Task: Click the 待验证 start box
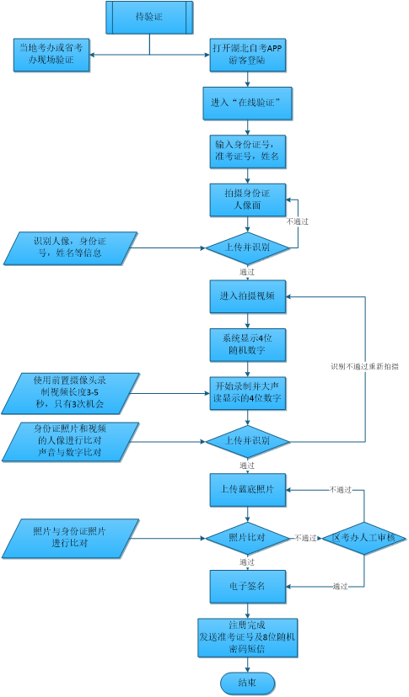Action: [150, 16]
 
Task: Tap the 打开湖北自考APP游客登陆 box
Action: [247, 55]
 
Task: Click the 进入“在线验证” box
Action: [247, 104]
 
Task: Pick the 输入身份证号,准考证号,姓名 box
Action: [247, 151]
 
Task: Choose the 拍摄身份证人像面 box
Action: [247, 200]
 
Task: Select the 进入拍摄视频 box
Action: [247, 295]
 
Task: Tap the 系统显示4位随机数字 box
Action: [247, 343]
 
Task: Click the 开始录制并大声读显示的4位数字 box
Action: [247, 391]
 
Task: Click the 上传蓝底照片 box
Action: [247, 489]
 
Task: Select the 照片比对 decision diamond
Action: [247, 537]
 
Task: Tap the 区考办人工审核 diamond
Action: [363, 537]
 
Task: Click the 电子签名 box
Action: [247, 586]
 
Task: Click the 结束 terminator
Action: [247, 682]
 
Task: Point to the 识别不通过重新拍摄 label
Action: [364, 367]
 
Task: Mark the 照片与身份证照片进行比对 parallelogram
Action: [69, 537]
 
